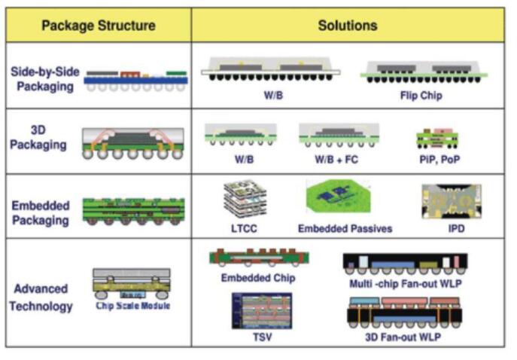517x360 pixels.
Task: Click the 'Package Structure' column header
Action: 98,26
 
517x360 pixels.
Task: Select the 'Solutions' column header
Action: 348,26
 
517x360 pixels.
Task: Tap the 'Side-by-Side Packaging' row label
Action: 42,79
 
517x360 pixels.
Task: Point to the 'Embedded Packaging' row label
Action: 41,212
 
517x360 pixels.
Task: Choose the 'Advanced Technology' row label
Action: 42,297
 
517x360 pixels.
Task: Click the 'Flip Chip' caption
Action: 421,96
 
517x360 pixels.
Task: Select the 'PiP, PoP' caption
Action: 437,160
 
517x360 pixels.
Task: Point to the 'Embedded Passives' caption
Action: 345,227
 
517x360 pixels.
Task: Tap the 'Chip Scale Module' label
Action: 133,306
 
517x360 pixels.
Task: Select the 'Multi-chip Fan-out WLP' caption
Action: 404,282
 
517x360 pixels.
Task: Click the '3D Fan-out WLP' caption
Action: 404,337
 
